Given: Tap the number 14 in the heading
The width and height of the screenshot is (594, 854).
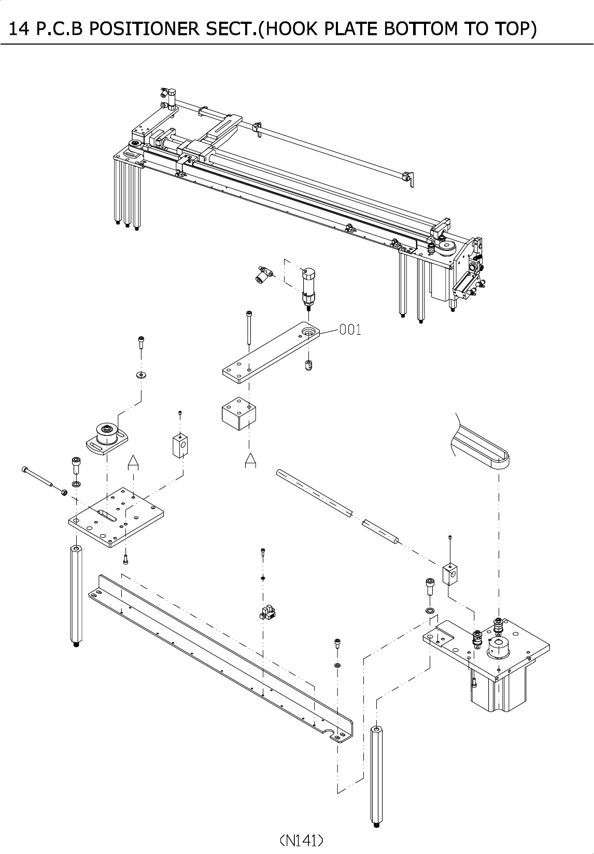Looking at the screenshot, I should pos(18,29).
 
